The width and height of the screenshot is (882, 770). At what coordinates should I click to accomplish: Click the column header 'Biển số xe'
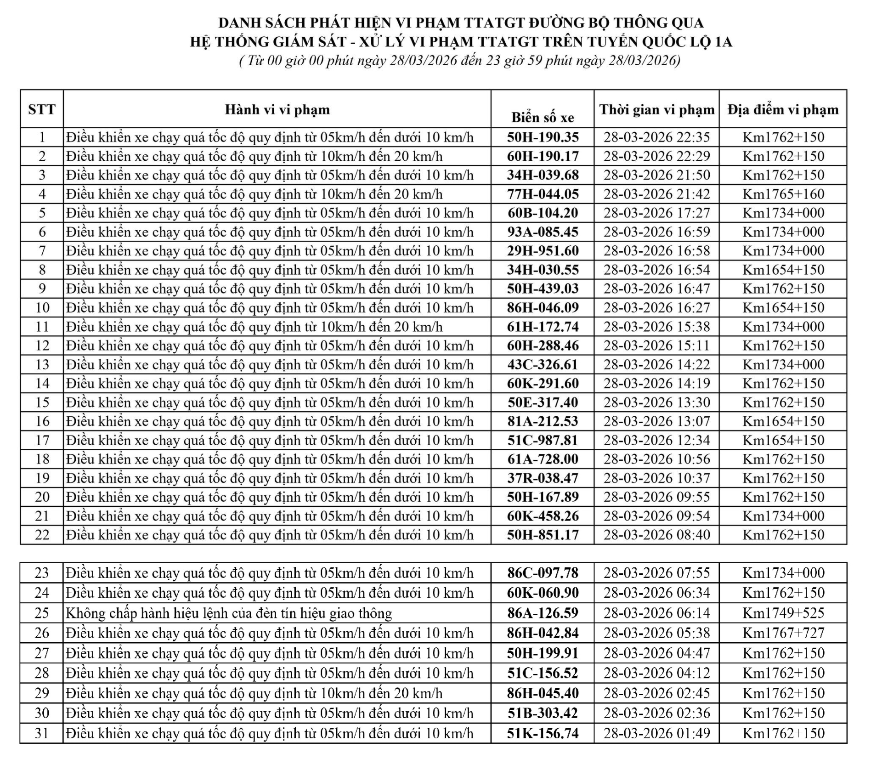(543, 118)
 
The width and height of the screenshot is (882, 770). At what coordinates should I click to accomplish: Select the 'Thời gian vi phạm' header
(656, 110)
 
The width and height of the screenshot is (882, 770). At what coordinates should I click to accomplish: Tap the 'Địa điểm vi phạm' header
(783, 110)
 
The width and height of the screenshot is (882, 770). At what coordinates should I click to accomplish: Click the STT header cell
(42, 109)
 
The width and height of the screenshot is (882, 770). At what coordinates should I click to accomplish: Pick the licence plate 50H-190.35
(543, 137)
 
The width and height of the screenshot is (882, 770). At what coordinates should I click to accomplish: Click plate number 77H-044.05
(543, 194)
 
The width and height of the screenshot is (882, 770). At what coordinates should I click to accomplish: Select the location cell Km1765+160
(783, 194)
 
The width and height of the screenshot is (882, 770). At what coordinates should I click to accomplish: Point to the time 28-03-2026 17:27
(656, 213)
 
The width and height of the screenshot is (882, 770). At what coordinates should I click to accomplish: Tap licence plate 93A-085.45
(543, 232)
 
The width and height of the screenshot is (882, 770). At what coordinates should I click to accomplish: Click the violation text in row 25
(229, 613)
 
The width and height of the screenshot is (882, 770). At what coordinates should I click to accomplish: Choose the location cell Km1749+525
(783, 613)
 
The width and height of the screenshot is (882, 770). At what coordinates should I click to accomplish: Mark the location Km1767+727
(783, 633)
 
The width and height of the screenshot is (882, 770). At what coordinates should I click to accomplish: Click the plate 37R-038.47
(543, 478)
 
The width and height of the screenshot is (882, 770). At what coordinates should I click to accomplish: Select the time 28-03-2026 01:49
(656, 733)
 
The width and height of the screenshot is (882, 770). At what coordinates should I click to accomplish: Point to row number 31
(42, 733)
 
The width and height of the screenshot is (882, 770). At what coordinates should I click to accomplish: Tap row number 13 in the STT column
(42, 364)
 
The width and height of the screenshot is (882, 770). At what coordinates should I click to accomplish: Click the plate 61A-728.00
(543, 459)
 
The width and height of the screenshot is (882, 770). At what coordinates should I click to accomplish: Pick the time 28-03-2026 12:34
(656, 440)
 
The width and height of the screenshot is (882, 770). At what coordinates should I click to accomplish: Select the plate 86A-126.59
(543, 613)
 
